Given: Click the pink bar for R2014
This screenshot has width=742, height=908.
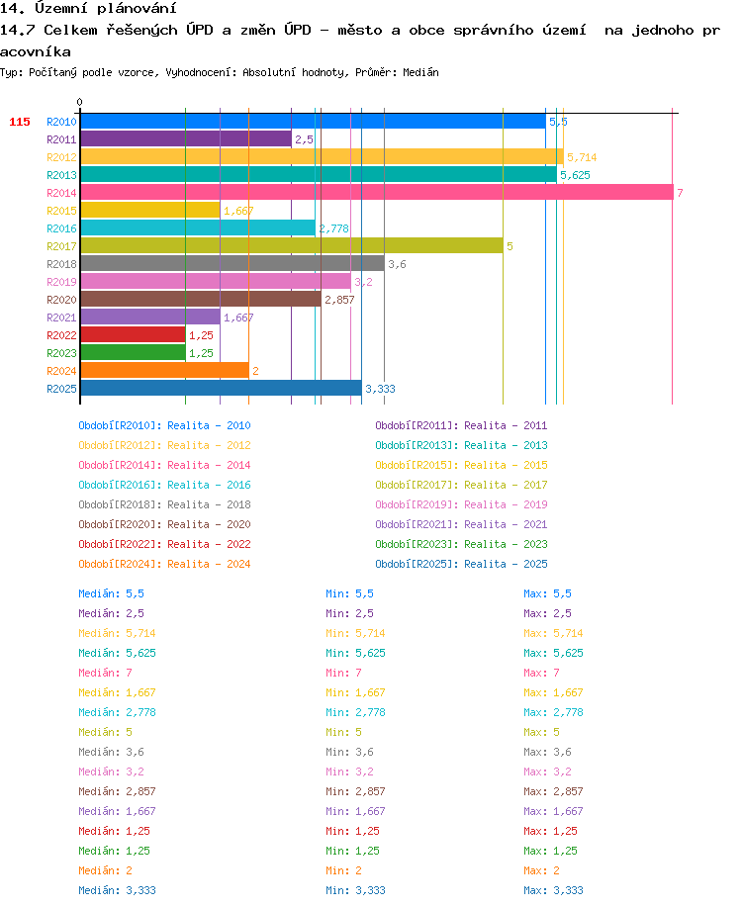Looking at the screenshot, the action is click(377, 192).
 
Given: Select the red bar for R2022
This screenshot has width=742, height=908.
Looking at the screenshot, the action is click(134, 334).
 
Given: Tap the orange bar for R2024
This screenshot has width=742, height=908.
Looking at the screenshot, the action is click(165, 370).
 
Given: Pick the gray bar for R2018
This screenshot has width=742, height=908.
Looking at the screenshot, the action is click(232, 263).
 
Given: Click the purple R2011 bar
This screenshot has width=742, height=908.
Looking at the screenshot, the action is click(186, 139).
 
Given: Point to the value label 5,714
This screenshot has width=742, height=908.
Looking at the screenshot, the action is click(582, 157).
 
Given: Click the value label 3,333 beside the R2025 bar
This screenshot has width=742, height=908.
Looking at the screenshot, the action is click(380, 389).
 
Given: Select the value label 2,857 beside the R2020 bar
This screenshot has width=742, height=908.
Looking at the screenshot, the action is click(339, 300).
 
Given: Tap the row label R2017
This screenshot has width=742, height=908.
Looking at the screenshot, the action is click(61, 246).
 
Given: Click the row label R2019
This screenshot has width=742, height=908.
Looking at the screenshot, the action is click(61, 282).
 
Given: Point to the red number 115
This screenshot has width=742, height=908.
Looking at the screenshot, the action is click(20, 122).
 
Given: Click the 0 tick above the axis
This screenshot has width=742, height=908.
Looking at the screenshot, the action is click(79, 102).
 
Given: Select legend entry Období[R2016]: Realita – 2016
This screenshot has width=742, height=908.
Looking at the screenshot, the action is click(164, 485).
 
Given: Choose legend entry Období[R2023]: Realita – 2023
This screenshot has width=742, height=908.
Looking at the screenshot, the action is click(461, 544).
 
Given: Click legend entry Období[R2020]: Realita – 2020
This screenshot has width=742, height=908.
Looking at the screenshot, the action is click(164, 524).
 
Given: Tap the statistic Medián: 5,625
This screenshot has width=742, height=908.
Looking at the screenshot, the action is click(117, 653).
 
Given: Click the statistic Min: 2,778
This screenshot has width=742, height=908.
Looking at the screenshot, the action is click(355, 712).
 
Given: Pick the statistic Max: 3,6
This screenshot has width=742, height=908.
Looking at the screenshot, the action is click(547, 753).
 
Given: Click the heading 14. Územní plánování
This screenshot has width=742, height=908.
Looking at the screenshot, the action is click(88, 8).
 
